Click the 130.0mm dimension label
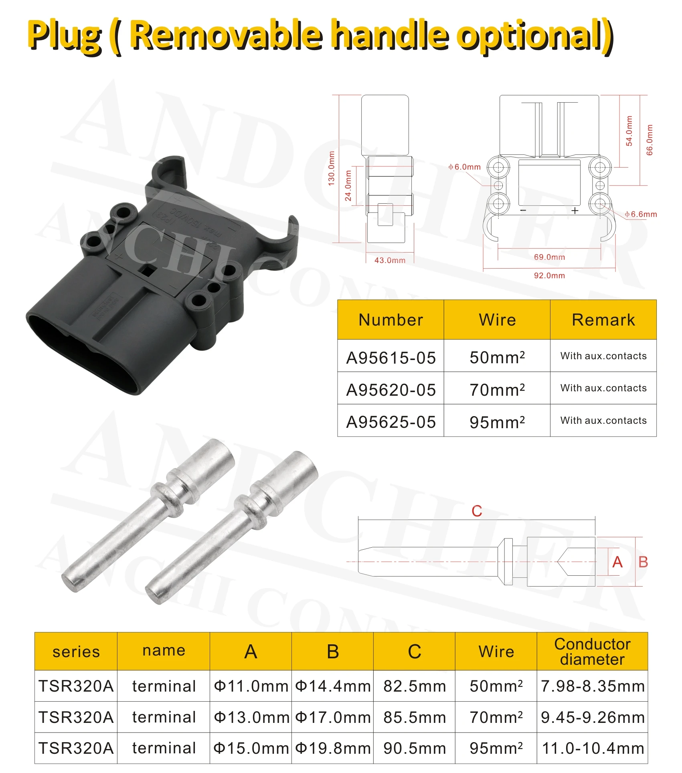[331, 168]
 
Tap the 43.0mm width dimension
[390, 260]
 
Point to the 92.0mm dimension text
[549, 275]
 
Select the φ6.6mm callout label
[641, 214]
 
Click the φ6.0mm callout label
[464, 167]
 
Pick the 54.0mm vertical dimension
[629, 131]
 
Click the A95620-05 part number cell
[391, 390]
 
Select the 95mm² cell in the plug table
[497, 422]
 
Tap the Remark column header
[603, 320]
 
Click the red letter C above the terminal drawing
[477, 511]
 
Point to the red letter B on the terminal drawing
[643, 562]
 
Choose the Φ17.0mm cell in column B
[333, 717]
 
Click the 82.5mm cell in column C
[415, 686]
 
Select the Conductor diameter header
[592, 652]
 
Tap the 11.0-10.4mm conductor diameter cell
[592, 748]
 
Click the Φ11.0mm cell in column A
[251, 686]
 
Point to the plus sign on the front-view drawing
[575, 210]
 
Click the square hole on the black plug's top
[148, 271]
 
